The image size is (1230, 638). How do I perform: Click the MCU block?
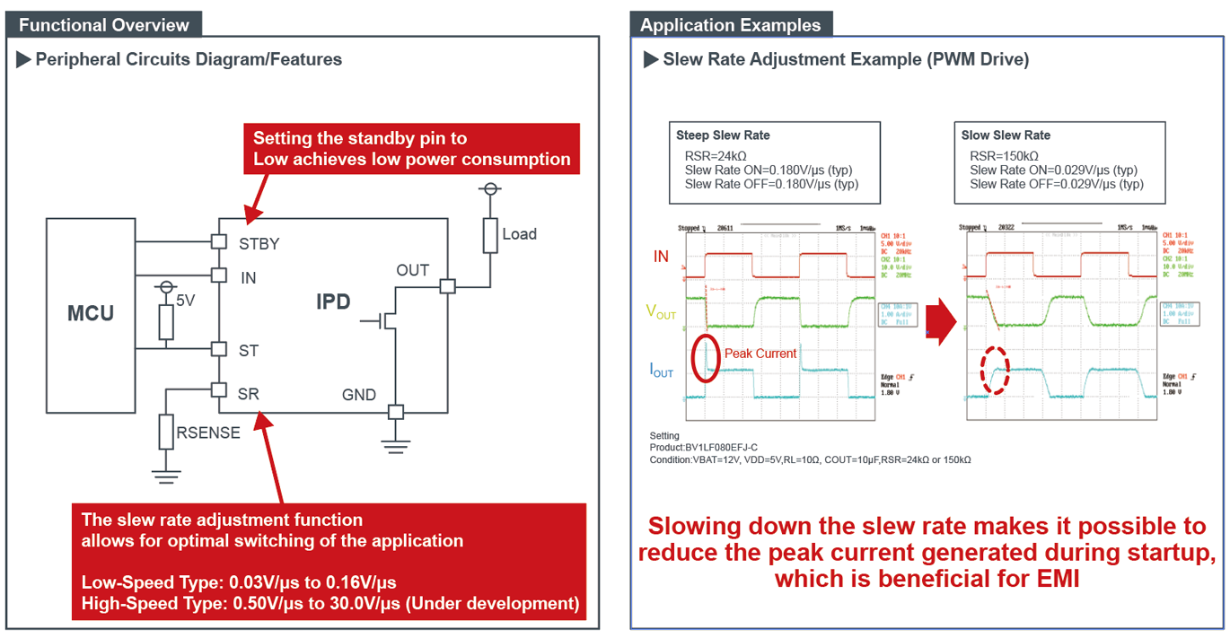[x=91, y=314]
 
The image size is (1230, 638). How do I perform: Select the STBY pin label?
[x=259, y=243]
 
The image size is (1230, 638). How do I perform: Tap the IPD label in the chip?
[x=333, y=302]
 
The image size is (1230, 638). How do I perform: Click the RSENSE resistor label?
[x=208, y=433]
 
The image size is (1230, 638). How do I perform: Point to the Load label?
[x=519, y=234]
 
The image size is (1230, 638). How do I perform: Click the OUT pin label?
[x=413, y=270]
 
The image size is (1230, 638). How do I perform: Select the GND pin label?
[x=359, y=395]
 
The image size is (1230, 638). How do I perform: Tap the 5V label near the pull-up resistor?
[x=186, y=301]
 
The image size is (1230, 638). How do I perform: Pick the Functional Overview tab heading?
[x=104, y=25]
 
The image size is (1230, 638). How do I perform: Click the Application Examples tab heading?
[x=730, y=25]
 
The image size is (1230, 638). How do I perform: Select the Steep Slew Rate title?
[x=723, y=135]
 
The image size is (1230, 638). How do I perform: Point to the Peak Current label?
[x=760, y=354]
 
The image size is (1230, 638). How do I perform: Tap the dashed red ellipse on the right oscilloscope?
[x=994, y=370]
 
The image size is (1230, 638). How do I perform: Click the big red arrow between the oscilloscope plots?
[x=939, y=323]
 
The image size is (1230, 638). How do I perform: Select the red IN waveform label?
[x=661, y=257]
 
